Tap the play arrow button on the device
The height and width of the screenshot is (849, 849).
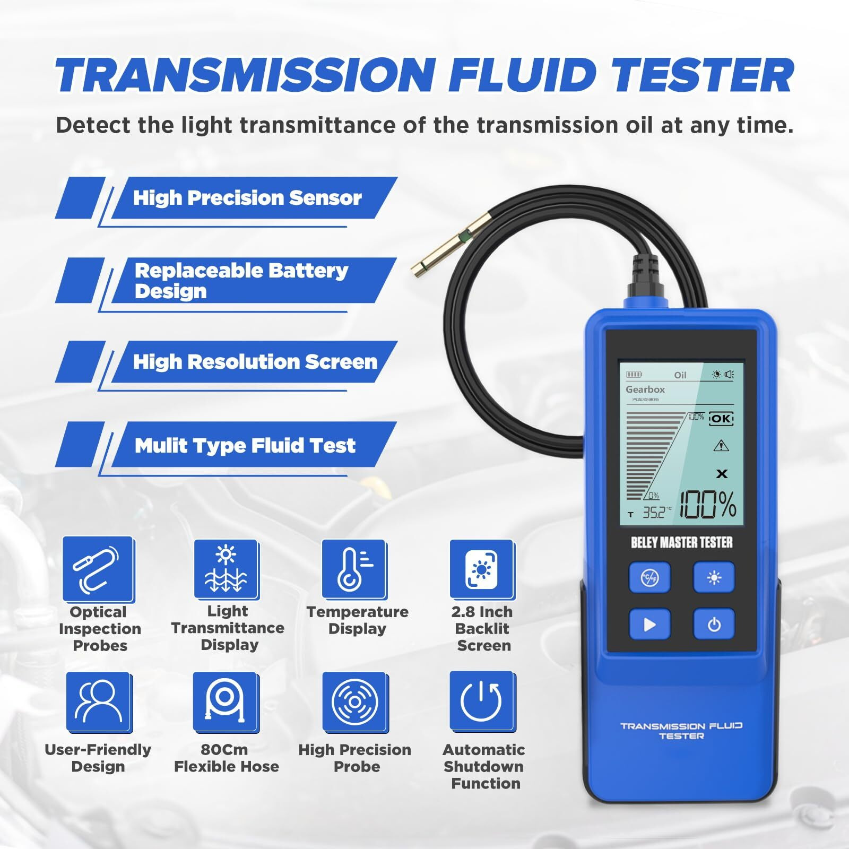pyautogui.click(x=649, y=624)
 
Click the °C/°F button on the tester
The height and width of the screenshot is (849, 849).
pyautogui.click(x=649, y=577)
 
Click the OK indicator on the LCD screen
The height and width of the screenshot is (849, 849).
pyautogui.click(x=721, y=418)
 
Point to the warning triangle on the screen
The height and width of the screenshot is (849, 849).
pyautogui.click(x=721, y=446)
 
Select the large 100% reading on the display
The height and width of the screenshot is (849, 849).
pyautogui.click(x=708, y=505)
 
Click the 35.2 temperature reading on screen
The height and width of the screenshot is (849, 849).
pyautogui.click(x=654, y=513)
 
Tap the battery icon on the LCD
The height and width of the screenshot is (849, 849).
pyautogui.click(x=634, y=375)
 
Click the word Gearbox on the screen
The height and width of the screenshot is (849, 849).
pyautogui.click(x=645, y=389)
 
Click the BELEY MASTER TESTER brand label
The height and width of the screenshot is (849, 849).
pyautogui.click(x=681, y=543)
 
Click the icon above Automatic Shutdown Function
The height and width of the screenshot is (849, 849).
pyautogui.click(x=482, y=701)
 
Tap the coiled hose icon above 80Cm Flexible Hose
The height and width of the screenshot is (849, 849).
pyautogui.click(x=226, y=701)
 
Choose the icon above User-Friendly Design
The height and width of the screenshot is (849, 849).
pyautogui.click(x=99, y=701)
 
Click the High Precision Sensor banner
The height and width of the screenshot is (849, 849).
pyautogui.click(x=247, y=198)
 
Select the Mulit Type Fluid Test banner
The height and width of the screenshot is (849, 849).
pyautogui.click(x=245, y=446)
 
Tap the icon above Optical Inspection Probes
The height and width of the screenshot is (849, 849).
pyautogui.click(x=98, y=569)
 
